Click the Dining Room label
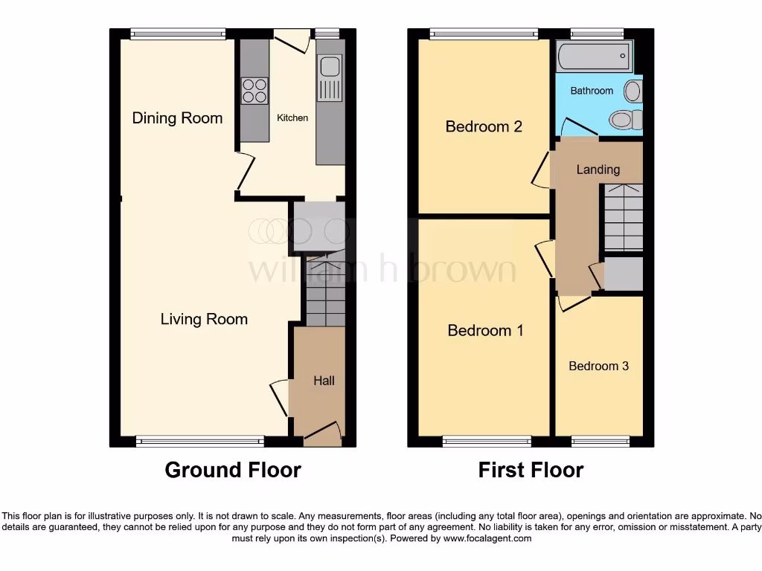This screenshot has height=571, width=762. [x=177, y=118]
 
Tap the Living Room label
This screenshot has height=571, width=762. [x=204, y=319]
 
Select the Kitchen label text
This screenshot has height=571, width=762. [x=292, y=118]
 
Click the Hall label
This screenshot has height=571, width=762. [x=324, y=381]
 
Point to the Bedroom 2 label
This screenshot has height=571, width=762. [x=484, y=126]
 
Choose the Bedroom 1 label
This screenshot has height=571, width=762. [x=485, y=330]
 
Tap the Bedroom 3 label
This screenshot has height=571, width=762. [x=598, y=366]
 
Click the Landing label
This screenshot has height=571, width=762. [x=598, y=170]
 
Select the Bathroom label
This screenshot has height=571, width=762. [x=592, y=91]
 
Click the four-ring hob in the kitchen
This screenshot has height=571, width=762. [x=254, y=90]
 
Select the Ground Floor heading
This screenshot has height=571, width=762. [x=232, y=470]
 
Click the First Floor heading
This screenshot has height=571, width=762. [x=531, y=470]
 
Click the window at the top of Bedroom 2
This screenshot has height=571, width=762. [x=484, y=33]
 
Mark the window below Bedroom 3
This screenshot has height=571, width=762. [x=599, y=442]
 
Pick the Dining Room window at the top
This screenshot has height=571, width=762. [x=177, y=33]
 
